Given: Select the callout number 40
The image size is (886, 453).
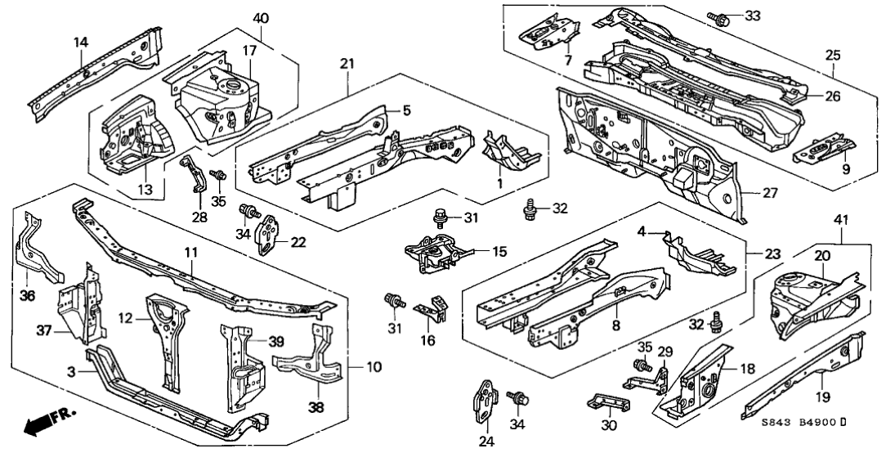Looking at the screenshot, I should (260, 18).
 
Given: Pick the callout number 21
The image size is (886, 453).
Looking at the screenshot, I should (346, 64).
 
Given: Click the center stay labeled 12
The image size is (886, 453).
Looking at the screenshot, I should (164, 327).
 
